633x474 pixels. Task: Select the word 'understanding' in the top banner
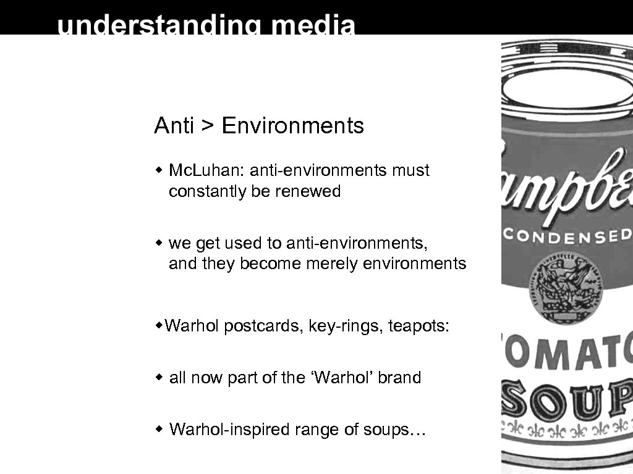point(159,26)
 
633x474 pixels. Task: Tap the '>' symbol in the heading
point(208,126)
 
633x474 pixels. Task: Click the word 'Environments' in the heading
point(292,126)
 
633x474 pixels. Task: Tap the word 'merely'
point(328,264)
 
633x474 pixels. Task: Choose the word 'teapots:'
point(419,325)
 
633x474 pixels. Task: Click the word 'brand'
point(399,377)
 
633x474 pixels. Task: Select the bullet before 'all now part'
point(159,376)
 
